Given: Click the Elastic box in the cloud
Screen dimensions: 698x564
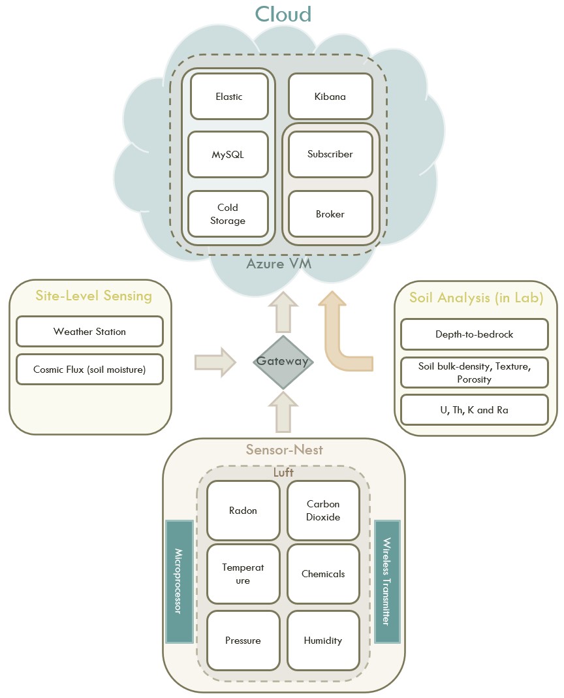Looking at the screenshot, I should click(x=229, y=97).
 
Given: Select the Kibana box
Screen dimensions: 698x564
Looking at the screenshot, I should click(x=330, y=97).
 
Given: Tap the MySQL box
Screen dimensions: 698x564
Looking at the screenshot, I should click(x=228, y=155).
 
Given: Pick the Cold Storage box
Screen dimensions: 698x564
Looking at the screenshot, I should click(x=228, y=214).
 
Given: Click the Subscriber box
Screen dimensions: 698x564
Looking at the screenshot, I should click(x=330, y=155).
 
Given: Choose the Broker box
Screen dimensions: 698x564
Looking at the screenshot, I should click(x=330, y=214).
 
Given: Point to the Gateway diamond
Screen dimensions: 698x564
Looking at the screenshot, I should click(x=283, y=361).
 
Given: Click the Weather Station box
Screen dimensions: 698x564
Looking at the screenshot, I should click(x=89, y=332).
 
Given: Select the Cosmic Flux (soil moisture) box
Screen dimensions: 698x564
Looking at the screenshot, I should click(x=89, y=370).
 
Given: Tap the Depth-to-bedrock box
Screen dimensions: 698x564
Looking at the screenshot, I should click(x=474, y=334).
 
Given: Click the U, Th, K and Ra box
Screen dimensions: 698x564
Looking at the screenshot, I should click(x=474, y=410).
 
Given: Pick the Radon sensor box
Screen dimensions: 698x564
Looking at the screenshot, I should click(x=243, y=511).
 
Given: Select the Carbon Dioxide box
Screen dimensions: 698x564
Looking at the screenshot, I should click(x=323, y=511).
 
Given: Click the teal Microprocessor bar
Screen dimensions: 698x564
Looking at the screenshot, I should click(x=179, y=581).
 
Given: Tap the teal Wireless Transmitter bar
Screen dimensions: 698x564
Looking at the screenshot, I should click(x=387, y=581).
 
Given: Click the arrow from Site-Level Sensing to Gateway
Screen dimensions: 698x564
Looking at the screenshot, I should click(x=215, y=362).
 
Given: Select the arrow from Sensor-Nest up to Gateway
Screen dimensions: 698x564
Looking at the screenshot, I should click(x=283, y=411).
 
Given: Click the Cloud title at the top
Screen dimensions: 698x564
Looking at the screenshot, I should click(x=283, y=14).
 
